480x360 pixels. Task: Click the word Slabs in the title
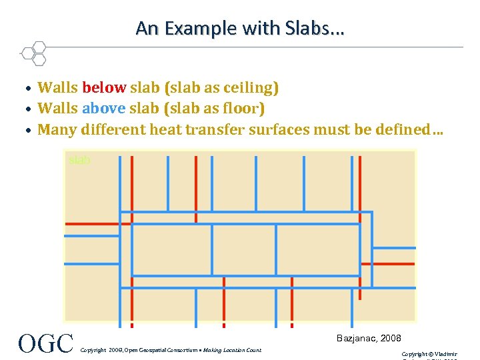click(317, 28)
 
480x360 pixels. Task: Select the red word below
click(103, 87)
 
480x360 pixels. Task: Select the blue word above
click(103, 108)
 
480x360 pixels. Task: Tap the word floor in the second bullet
click(243, 108)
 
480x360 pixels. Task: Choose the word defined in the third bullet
click(401, 129)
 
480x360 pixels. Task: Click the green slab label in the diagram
click(79, 161)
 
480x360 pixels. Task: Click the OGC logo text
click(45, 343)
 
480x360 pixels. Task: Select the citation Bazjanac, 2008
click(369, 339)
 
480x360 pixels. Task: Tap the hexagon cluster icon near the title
click(33, 53)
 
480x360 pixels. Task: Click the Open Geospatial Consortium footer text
click(170, 350)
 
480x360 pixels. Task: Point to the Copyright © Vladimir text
click(429, 354)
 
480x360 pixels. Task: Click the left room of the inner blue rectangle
click(171, 250)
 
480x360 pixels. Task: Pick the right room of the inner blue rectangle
click(318, 250)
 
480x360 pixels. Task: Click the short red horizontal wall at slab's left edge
click(91, 223)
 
